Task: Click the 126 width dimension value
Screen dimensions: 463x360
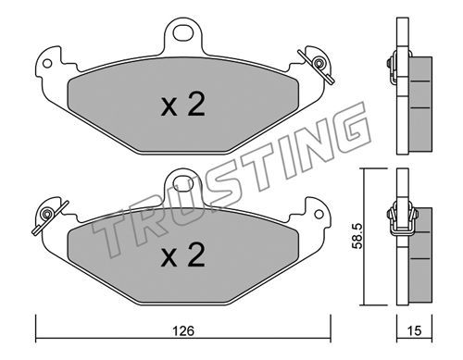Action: pos(183,330)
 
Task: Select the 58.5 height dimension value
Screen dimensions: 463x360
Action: pos(357,236)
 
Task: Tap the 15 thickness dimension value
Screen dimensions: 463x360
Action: pos(414,330)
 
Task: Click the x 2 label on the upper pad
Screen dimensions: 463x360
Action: pos(182,105)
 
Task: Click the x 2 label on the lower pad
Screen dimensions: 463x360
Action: pos(182,254)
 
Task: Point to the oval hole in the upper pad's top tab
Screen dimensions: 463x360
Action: pos(183,33)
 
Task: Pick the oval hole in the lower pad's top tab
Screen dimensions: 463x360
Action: pos(183,185)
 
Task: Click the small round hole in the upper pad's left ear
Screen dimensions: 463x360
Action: pos(47,64)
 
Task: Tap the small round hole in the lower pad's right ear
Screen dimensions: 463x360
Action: pos(319,215)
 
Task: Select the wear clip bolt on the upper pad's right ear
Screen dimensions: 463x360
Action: pos(319,63)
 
